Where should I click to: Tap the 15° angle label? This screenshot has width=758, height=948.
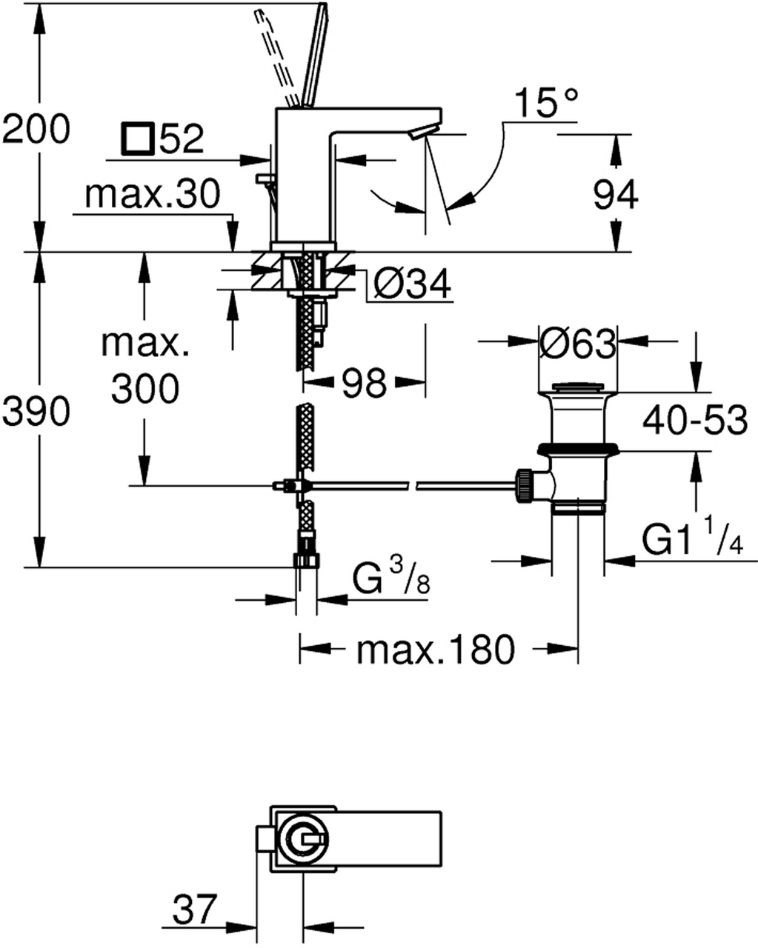click(x=547, y=104)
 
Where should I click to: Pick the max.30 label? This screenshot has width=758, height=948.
click(x=153, y=195)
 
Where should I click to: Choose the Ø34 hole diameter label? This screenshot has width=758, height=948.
click(x=413, y=284)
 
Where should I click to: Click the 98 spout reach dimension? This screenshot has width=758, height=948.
click(x=365, y=383)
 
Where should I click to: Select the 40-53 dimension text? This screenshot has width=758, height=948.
click(x=694, y=421)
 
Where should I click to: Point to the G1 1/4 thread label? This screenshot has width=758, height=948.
click(x=692, y=542)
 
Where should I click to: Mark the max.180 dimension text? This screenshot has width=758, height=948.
click(x=434, y=650)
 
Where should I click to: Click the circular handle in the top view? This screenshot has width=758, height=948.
click(x=302, y=841)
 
